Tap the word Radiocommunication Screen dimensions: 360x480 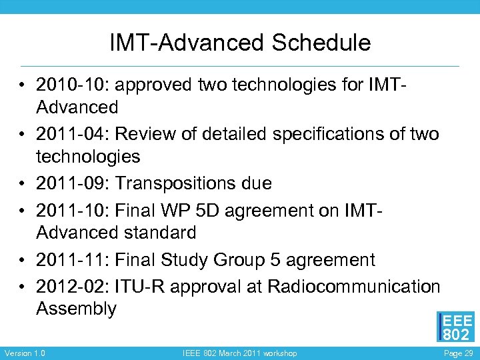tap(353, 286)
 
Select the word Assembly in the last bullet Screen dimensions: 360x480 tap(76, 309)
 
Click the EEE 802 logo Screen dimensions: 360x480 tap(455, 327)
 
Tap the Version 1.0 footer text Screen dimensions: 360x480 tap(25, 353)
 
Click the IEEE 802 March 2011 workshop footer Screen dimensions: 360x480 tap(240, 353)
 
